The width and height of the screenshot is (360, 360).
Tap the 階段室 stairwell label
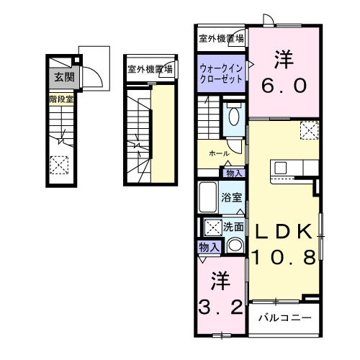tap(62, 99)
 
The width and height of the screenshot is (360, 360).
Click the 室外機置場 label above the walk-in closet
tap(221, 39)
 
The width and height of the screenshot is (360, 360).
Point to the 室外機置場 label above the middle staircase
tap(150, 70)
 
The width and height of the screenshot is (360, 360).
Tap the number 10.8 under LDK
tap(283, 256)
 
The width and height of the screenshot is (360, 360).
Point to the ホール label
tap(219, 153)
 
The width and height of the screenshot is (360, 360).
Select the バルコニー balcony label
tap(284, 317)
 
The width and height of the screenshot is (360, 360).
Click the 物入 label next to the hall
tap(233, 173)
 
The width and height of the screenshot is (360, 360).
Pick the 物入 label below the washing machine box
tap(207, 247)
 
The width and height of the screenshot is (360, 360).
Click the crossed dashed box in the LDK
tap(309, 131)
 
